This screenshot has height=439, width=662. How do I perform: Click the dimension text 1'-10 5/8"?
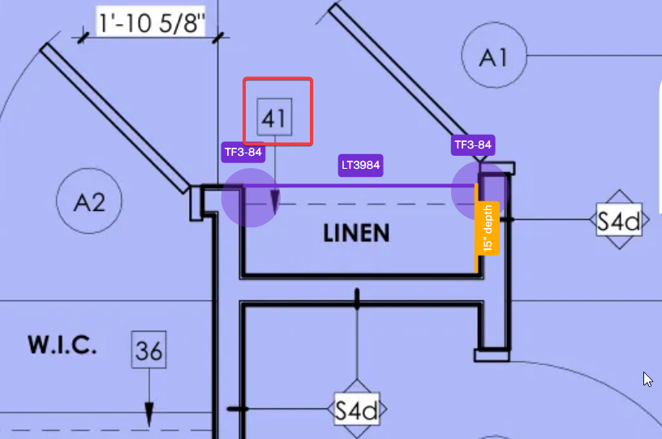point(151,22)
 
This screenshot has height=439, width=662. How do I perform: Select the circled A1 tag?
point(494,55)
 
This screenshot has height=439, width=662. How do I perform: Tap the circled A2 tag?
point(89,200)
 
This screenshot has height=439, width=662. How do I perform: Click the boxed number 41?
point(274,118)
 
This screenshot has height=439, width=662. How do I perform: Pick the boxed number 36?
point(148,350)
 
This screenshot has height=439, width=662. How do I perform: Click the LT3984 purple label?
point(360,165)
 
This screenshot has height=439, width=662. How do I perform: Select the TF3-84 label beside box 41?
point(243,152)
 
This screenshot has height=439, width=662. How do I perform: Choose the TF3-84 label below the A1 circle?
point(473,145)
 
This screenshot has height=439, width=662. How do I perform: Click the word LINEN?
point(356,234)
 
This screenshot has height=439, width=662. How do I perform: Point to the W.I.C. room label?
point(62,345)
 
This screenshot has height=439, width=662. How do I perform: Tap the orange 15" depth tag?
point(488,228)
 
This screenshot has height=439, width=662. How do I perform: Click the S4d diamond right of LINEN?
point(619,219)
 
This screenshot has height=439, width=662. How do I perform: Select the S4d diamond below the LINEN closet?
point(357,409)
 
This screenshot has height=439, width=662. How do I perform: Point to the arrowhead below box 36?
point(149,415)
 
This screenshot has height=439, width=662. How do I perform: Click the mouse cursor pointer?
point(647,380)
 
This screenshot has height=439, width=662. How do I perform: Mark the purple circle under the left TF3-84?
point(251,197)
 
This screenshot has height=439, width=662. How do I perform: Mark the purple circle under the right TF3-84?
point(480,191)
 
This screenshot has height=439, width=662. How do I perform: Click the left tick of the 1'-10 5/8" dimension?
point(83,37)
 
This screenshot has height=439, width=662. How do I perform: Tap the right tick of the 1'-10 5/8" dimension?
point(218,37)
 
